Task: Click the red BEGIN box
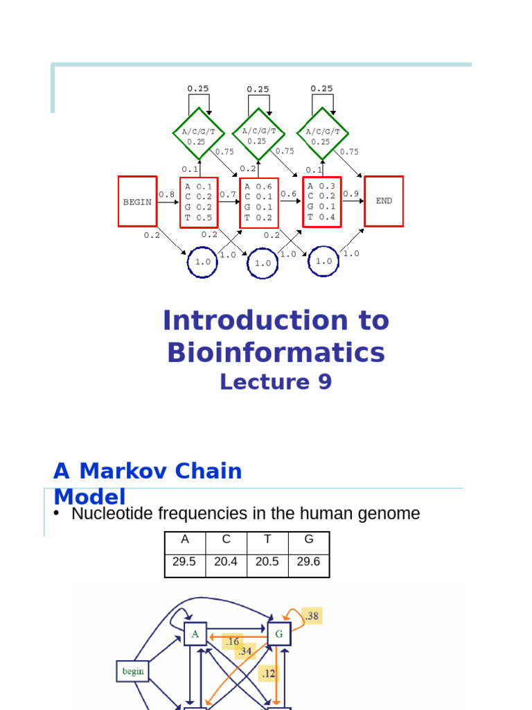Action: [x=137, y=201]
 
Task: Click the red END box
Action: [x=384, y=201]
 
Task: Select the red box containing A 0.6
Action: [x=259, y=202]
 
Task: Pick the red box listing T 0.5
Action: [x=199, y=202]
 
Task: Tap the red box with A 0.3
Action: [x=321, y=201]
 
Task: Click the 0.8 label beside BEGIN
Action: [x=166, y=195]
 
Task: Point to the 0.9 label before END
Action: [x=351, y=194]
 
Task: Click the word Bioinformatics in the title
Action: [x=276, y=353]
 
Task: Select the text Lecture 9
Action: [x=276, y=382]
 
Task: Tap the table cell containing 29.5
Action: [x=184, y=562]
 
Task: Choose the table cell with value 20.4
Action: [x=226, y=562]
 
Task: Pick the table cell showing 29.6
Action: [x=308, y=562]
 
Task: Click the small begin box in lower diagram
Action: [x=133, y=670]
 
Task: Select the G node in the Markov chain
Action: [x=279, y=634]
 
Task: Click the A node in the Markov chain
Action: [x=195, y=634]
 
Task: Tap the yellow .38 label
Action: [x=312, y=615]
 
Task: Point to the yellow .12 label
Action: [x=269, y=673]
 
